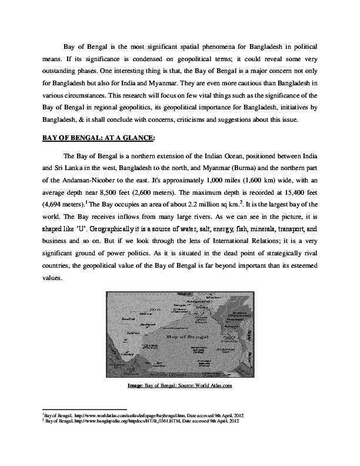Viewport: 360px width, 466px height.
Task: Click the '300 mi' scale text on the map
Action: (x=155, y=309)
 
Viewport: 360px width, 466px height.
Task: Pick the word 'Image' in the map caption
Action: (x=135, y=386)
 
